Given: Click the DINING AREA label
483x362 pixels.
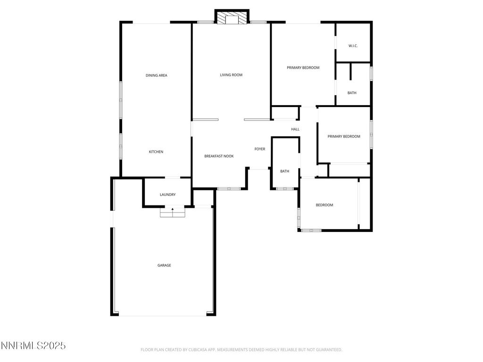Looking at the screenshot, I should point(156,75).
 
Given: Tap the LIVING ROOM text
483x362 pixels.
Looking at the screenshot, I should point(231,75).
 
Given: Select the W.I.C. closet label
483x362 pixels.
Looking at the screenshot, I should point(353,46).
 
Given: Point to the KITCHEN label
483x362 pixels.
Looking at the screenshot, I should point(156,152).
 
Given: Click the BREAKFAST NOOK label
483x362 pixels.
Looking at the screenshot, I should point(219,156).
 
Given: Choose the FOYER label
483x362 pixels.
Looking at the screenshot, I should point(260,149).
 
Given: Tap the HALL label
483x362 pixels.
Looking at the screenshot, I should point(295,129).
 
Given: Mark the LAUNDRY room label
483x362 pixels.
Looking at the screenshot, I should point(167,195).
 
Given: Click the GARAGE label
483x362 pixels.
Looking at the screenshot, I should point(164,265).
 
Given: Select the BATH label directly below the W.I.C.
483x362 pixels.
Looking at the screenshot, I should point(352,93).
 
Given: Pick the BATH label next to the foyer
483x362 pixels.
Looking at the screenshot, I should point(284,171).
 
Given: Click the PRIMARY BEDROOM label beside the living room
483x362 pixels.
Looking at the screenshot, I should point(303,67).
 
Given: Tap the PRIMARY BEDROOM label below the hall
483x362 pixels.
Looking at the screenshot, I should point(344,137).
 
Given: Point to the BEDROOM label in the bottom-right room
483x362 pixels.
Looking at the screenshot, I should point(325,205).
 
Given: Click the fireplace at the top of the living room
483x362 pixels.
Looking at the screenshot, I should point(232,17).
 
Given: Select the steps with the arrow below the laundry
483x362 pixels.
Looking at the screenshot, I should point(172,213).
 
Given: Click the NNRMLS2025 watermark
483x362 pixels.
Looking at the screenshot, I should point(33,346).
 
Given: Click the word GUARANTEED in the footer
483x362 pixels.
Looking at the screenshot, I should point(327,350).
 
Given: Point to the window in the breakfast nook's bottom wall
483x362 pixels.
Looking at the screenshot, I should point(229,189).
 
